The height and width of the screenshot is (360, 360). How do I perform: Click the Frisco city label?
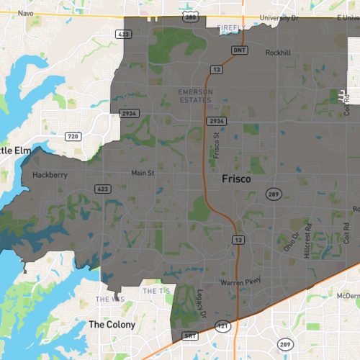tap(236, 179)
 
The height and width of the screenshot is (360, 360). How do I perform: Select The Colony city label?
tap(112, 325)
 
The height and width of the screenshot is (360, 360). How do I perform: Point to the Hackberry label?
tap(50, 174)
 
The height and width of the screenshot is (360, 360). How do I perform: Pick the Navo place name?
tap(26, 13)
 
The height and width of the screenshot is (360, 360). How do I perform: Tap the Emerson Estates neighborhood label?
tap(197, 95)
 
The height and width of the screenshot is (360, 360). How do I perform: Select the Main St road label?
tap(143, 173)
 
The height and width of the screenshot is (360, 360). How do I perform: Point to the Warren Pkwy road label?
tap(239, 282)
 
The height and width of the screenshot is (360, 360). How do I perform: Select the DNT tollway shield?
tap(239, 50)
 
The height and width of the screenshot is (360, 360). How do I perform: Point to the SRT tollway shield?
tap(191, 336)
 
